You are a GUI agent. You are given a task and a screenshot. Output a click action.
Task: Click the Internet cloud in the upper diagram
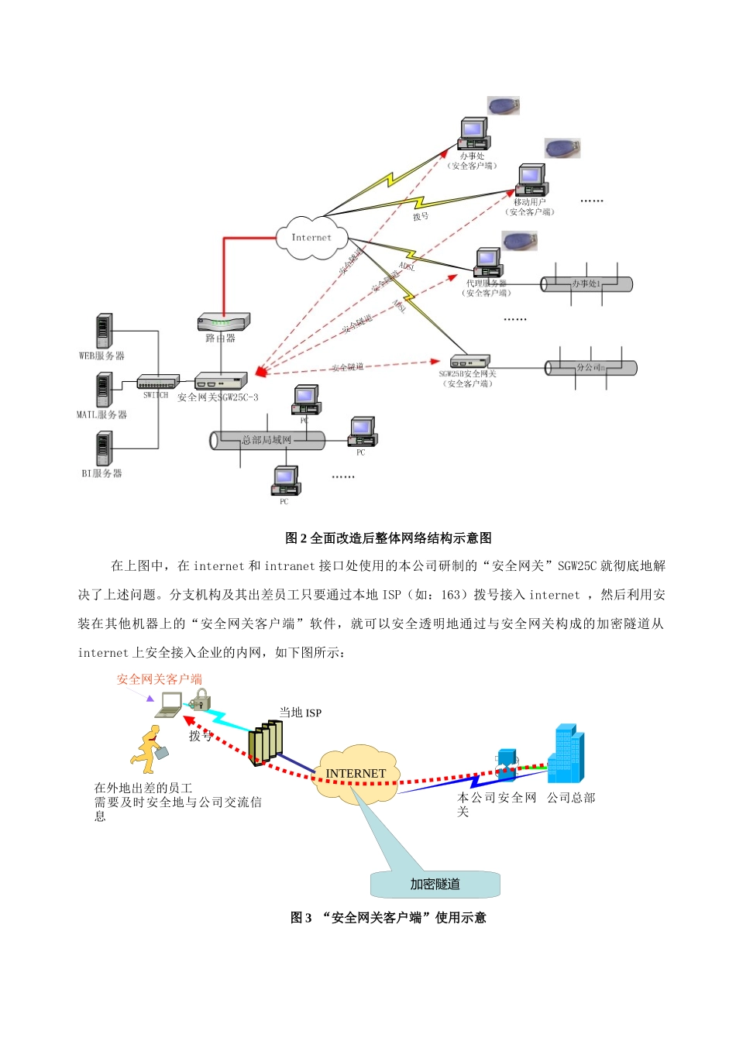(311, 237)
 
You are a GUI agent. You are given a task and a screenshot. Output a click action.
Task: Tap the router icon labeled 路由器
(223, 321)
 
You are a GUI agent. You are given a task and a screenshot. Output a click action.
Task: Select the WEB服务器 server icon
(104, 332)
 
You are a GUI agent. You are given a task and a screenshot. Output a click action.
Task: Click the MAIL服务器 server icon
(104, 390)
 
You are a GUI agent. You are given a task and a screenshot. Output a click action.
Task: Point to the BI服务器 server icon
(104, 448)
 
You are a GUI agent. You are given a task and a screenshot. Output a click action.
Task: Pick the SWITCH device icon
(157, 381)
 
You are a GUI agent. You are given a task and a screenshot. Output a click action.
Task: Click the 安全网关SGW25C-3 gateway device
(221, 380)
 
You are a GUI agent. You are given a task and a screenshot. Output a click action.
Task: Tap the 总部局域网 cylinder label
(267, 440)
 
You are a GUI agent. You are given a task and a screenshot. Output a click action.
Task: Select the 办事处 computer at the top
(473, 134)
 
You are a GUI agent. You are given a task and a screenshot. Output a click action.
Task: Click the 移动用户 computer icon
(531, 180)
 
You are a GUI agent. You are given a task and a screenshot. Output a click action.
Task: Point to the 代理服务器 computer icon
(488, 263)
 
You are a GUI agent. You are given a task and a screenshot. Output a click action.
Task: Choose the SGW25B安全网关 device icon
(470, 361)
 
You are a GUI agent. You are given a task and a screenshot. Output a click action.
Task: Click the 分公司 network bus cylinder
(590, 368)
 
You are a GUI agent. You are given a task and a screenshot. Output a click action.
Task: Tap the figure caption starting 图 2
(388, 538)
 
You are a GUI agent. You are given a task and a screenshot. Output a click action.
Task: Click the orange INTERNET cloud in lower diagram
(356, 773)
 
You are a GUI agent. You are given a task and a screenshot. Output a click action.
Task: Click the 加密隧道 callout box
(435, 884)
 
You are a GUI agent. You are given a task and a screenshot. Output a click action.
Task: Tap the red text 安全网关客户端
(160, 679)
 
